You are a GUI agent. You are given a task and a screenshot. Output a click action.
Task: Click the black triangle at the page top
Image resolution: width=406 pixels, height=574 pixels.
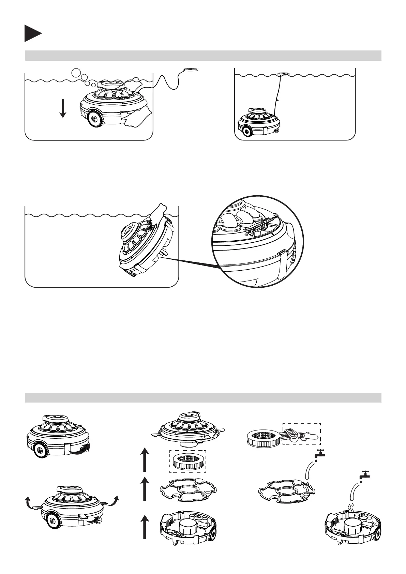(x=32, y=33)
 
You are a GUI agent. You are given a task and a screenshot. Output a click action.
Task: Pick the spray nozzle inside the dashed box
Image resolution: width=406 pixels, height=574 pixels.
(x=302, y=435)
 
